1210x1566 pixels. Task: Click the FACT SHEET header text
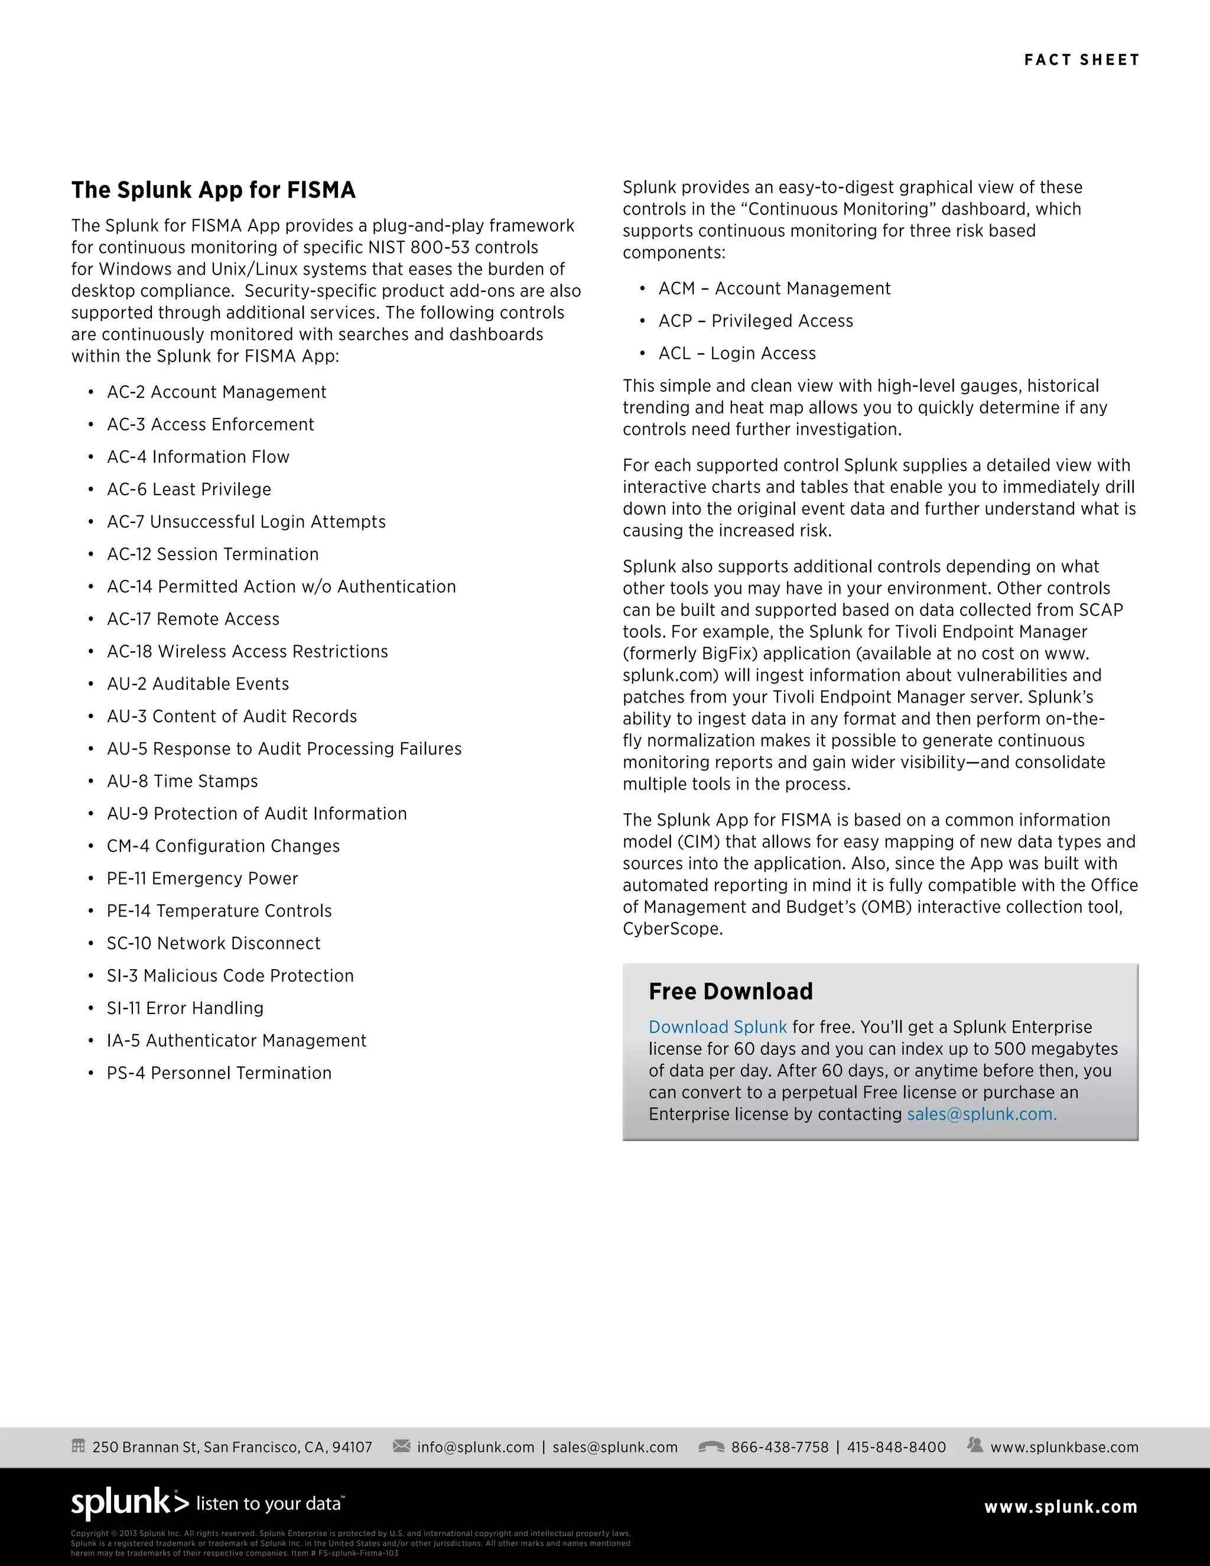click(1081, 60)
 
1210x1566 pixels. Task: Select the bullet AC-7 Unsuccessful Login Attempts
click(246, 522)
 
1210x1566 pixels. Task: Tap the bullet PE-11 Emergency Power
click(202, 878)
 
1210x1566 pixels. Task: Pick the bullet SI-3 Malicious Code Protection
click(230, 976)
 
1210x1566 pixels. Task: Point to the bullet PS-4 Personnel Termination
click(219, 1073)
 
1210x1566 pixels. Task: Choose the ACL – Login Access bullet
click(737, 353)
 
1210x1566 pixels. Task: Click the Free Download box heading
click(730, 992)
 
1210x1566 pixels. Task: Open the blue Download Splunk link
click(717, 1028)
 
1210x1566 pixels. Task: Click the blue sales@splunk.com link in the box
click(981, 1115)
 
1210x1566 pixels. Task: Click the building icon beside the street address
click(79, 1445)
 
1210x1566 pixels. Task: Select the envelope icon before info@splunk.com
click(401, 1445)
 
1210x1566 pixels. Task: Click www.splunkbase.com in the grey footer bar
click(1063, 1447)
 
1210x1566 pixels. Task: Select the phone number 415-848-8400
click(896, 1447)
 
